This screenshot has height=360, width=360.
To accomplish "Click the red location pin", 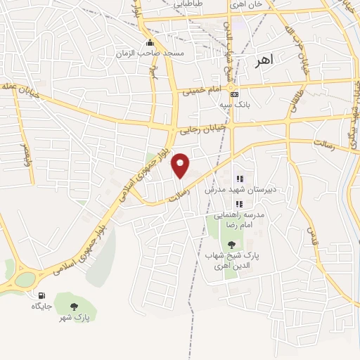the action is (181, 166).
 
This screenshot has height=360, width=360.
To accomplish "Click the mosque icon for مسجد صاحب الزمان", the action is (150, 41).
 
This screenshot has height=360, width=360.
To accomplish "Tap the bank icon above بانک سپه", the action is (235, 94).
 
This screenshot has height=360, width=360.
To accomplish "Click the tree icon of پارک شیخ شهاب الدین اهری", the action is (233, 244).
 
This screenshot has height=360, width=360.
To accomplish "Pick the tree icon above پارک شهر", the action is (74, 306).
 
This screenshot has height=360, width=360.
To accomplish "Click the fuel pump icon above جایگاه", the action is (41, 295).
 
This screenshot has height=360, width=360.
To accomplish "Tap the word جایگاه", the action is (41, 307).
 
